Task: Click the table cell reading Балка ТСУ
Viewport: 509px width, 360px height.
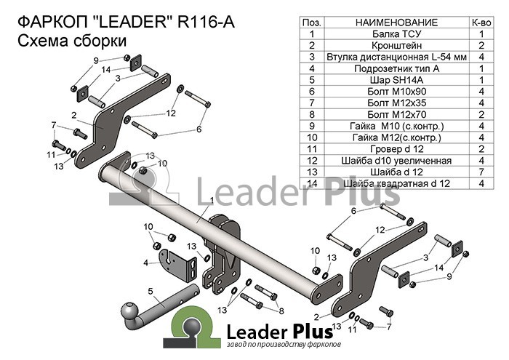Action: coord(397,33)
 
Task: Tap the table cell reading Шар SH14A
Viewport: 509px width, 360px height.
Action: coord(397,80)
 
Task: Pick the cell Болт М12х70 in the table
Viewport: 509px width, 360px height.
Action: coord(397,114)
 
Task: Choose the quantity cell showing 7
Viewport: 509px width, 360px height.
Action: coord(481,172)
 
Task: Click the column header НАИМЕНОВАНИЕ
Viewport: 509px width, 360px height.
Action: coord(397,23)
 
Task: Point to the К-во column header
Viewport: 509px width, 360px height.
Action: coord(481,23)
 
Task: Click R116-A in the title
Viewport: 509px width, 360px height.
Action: coord(206,22)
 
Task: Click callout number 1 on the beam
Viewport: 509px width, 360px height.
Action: coord(212,201)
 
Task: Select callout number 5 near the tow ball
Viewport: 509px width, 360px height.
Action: coord(151,291)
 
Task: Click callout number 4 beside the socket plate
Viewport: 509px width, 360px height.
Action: coord(145,263)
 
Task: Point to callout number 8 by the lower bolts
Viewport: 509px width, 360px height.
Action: coord(281,311)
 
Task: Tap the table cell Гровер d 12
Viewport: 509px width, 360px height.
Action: coord(397,148)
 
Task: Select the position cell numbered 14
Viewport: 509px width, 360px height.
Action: coord(312,183)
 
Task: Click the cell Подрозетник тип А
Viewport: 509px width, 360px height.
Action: coord(397,68)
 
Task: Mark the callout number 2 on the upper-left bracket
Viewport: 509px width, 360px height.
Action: coord(74,115)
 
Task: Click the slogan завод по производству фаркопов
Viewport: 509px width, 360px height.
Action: coord(284,345)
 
